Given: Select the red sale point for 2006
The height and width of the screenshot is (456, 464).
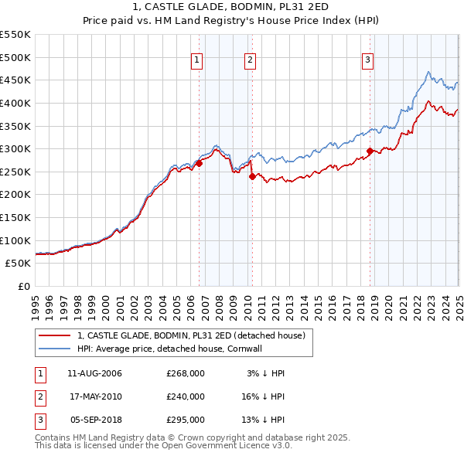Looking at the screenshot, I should coord(199,163).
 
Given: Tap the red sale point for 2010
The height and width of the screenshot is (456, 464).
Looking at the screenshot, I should coord(252,176).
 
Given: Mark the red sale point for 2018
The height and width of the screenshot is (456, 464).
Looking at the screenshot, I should coord(370,151).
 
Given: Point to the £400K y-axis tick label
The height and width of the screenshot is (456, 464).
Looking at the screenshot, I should coord(15,103).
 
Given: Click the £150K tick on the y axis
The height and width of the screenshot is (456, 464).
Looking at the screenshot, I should coord(15,217).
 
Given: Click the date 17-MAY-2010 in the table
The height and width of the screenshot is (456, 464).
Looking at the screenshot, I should coord(95,396).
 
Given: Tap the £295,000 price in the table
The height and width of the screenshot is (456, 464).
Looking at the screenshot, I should coord(186,420).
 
